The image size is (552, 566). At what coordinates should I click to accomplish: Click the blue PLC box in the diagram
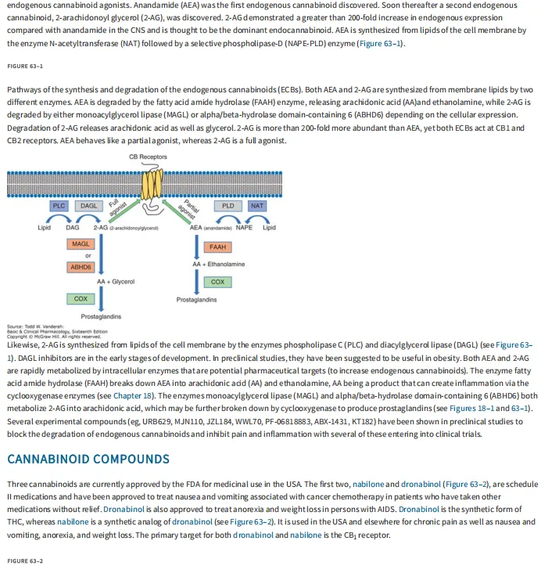59,206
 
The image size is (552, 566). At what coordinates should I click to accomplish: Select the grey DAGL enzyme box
88,206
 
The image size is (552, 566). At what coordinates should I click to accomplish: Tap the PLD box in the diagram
228,206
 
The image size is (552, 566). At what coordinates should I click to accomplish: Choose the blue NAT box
256,206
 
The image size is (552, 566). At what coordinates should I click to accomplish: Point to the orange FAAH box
217,247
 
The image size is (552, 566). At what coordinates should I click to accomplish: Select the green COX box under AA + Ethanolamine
217,282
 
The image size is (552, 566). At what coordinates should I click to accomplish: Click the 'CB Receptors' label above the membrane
148,157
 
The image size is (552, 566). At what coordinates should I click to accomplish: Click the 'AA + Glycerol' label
116,282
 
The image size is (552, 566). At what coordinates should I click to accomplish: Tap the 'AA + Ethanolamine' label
218,264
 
